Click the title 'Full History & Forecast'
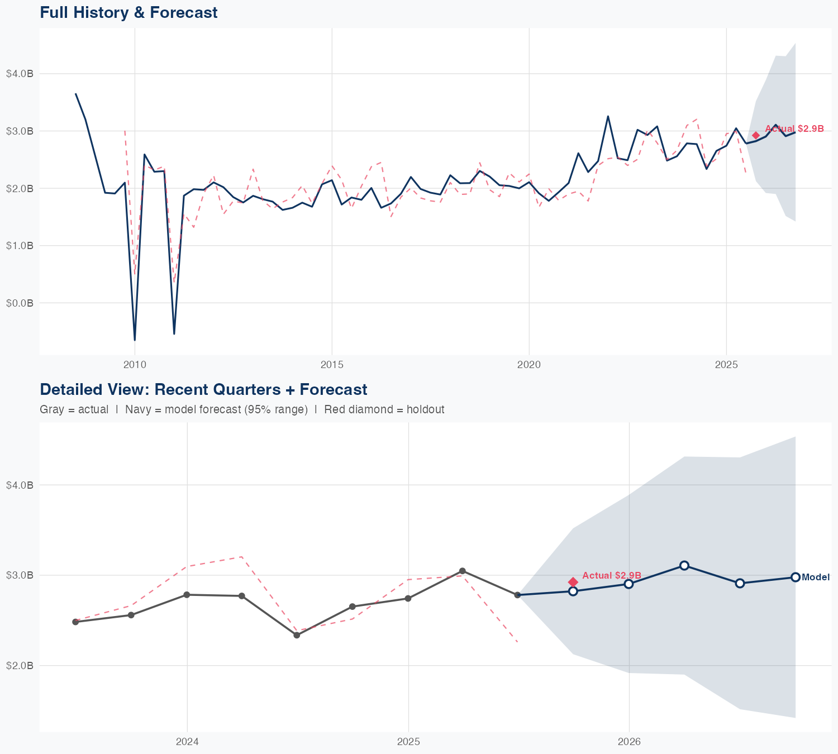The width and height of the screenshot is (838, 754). coord(128,12)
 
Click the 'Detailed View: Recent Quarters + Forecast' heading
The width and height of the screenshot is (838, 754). coord(203,389)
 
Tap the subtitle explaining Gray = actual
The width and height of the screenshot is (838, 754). coord(242,409)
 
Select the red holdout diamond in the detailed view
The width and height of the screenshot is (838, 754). coord(573,582)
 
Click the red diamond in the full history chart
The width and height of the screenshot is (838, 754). coord(756,135)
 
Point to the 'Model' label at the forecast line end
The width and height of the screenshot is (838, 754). coord(815,578)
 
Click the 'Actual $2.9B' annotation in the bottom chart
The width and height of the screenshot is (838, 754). coord(611,575)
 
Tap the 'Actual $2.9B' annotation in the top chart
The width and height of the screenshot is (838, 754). coord(794,128)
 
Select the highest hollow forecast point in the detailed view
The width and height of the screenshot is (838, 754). coord(684,565)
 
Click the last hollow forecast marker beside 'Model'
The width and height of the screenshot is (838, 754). coord(795,577)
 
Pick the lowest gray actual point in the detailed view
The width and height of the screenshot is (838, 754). coord(297,635)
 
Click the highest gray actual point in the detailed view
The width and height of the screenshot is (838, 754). coord(462,571)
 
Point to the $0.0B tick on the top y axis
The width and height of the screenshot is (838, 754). coord(20,303)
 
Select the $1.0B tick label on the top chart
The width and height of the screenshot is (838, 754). coord(20,246)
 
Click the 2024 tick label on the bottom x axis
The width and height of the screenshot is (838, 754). coord(187,742)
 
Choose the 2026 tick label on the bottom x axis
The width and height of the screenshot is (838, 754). coord(629,742)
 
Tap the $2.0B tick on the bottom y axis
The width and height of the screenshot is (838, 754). coord(20,666)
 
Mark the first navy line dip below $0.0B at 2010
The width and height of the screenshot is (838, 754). coord(135,339)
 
